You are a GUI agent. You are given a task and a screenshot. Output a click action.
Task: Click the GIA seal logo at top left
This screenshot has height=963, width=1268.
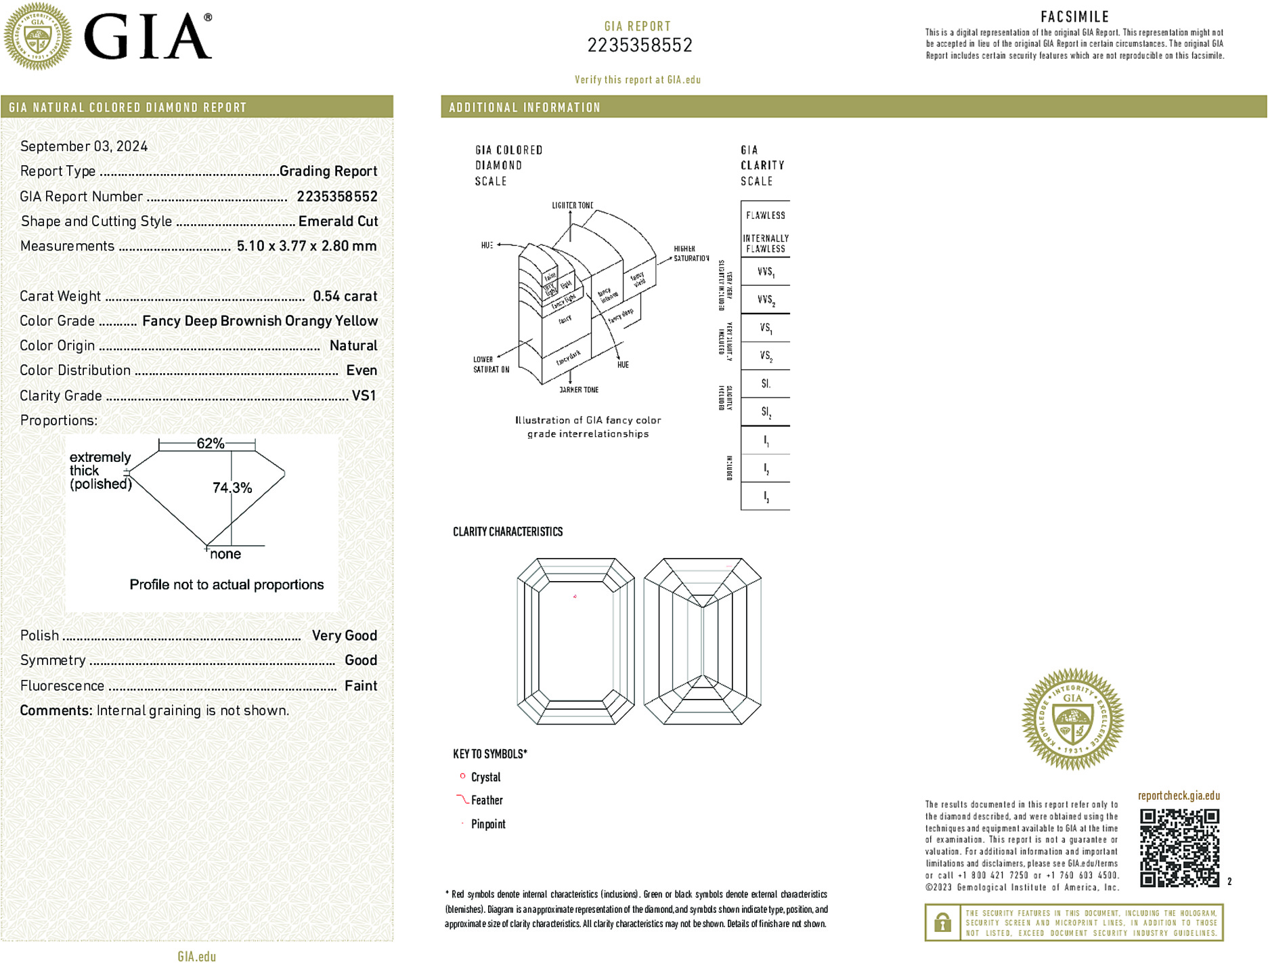coord(37,37)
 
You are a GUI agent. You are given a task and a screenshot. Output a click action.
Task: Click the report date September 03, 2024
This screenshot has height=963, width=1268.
coord(84,146)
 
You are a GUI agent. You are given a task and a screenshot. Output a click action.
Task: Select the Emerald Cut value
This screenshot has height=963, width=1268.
coord(338,221)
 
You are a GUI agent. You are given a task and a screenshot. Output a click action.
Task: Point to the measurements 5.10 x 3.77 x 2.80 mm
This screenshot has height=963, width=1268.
coord(306,247)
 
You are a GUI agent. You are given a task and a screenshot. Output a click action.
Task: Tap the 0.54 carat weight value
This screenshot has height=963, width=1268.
coord(345,296)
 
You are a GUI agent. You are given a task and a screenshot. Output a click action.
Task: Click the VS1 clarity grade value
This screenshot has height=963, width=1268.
coord(364,395)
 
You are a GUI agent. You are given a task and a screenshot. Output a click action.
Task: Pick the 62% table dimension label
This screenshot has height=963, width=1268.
coord(210,444)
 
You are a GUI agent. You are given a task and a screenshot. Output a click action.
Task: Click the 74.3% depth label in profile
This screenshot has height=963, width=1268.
coord(232,488)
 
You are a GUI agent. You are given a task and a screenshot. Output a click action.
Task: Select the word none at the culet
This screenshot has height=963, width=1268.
coord(225,554)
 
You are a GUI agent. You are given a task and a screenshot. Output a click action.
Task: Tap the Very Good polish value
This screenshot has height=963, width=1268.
coord(344,635)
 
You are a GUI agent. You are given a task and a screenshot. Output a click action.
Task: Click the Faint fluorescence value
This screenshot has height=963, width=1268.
coord(360,685)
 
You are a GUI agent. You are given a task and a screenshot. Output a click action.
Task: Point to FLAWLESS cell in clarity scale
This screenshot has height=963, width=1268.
coord(765,215)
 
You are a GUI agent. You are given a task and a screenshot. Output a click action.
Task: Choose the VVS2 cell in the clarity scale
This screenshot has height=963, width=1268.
coord(766,299)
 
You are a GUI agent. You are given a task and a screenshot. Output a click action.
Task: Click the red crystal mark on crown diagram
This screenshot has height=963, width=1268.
coord(575,597)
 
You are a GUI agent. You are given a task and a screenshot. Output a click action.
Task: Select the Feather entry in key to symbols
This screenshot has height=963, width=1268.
coord(487,800)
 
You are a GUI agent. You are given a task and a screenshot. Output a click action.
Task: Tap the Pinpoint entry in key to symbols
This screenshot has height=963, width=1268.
coord(488,824)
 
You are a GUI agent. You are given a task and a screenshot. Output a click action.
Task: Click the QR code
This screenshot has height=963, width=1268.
coord(1179,847)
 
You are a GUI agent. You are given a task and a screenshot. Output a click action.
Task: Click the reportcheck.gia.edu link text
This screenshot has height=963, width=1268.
coord(1179,796)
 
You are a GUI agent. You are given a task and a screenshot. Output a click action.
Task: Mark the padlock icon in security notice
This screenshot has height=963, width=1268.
coord(942,922)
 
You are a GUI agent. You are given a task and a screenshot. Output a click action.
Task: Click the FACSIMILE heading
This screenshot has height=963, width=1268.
coord(1074,17)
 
